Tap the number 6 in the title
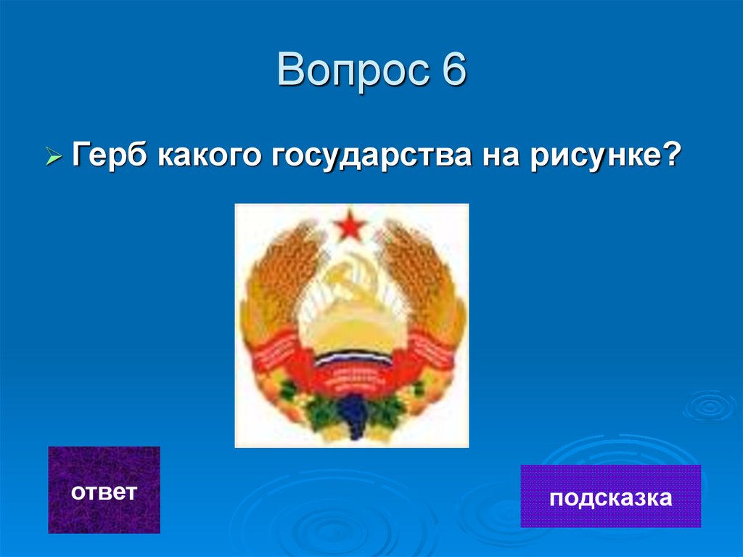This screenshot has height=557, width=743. click(451, 72)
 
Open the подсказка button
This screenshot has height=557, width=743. click(610, 497)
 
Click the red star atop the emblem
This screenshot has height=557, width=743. click(352, 224)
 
